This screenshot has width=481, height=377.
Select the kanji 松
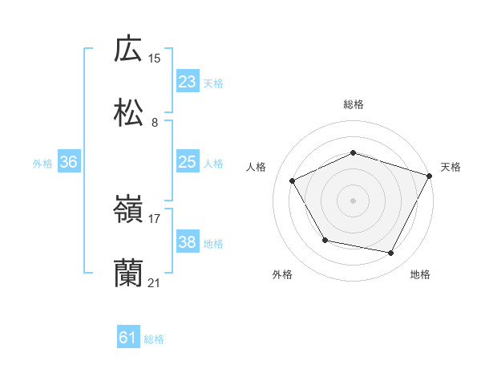(128, 113)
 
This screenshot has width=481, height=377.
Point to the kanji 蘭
(128, 274)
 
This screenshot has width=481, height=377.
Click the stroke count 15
(155, 58)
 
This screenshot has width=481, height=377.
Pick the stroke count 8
(155, 123)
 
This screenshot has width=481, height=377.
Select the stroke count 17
(155, 218)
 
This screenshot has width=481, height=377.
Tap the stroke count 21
(155, 283)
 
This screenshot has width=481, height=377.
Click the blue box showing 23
(188, 82)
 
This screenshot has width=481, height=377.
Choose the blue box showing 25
(188, 162)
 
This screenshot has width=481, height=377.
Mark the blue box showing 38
(188, 242)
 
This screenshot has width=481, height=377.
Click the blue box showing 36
(69, 162)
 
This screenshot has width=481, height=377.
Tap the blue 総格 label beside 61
(154, 339)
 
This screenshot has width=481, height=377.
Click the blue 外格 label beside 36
(42, 163)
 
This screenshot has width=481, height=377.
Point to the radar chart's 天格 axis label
(451, 167)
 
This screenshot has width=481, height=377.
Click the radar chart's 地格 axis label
(420, 274)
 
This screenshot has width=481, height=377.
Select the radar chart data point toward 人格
(292, 180)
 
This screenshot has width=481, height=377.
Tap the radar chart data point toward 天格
(431, 175)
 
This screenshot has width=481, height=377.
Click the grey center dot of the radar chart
(353, 200)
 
